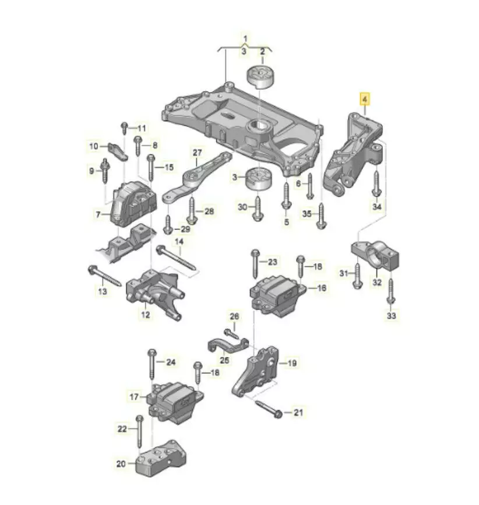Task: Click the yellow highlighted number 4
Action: point(365,99)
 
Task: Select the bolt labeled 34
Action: point(376,183)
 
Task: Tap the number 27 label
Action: point(197,153)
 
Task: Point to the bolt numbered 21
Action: point(269,408)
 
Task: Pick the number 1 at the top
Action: point(245,39)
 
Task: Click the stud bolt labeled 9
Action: point(105,171)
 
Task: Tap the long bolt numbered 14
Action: point(176,258)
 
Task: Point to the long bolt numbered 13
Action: point(105,276)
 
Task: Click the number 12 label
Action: point(146,315)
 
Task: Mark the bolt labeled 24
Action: point(152,364)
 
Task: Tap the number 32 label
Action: point(377,282)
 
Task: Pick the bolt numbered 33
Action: point(391,291)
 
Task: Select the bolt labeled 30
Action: point(258,209)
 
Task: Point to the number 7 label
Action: point(98,214)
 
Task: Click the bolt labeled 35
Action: point(322,216)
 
